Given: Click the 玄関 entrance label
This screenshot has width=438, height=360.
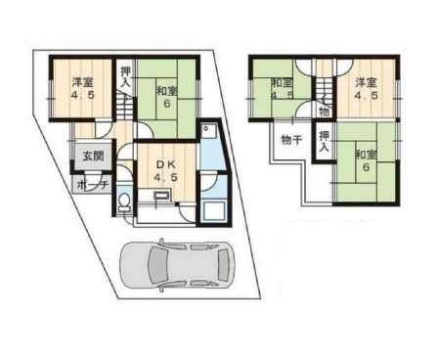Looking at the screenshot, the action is click(x=93, y=157).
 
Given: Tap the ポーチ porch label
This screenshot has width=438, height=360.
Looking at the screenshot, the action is click(x=92, y=185).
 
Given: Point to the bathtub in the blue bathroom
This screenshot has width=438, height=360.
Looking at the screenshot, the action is click(x=213, y=211).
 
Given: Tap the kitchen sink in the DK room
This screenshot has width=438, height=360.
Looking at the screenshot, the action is click(x=161, y=196).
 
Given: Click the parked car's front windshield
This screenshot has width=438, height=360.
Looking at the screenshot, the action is click(x=155, y=266).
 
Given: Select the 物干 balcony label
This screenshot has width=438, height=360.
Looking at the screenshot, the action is click(x=291, y=140).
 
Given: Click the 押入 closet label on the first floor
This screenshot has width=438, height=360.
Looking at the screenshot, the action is click(x=125, y=76).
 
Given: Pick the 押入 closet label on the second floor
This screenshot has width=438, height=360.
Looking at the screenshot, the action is click(x=324, y=141).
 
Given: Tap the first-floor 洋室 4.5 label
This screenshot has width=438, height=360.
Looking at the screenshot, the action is click(x=83, y=89).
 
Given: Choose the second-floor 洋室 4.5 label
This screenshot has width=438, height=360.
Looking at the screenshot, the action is click(x=367, y=89).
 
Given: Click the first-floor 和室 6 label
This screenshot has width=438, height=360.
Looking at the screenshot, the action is click(x=167, y=97).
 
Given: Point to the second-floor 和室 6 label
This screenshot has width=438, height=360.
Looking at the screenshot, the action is click(x=367, y=160).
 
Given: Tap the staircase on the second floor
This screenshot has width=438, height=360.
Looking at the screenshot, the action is click(x=324, y=85).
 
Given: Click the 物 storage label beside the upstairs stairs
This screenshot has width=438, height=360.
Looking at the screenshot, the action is click(x=324, y=112).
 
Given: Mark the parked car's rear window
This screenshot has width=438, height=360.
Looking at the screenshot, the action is click(x=223, y=266).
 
